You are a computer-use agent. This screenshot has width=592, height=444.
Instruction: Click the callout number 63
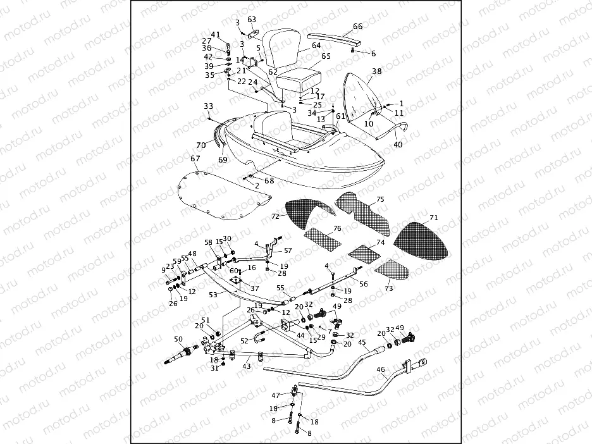point(252,20)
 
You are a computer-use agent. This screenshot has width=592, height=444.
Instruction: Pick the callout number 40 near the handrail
point(398,145)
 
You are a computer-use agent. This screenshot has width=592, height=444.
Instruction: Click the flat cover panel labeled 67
point(209,192)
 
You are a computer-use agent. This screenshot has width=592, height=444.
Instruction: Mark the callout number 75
point(380,199)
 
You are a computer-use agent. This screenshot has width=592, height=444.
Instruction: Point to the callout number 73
point(388,288)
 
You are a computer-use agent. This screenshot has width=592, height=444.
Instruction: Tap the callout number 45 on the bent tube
point(362,342)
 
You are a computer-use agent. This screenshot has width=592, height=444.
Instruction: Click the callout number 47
point(276,395)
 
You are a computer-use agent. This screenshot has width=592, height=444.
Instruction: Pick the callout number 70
point(201,145)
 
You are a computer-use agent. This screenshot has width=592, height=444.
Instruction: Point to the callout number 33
point(208,106)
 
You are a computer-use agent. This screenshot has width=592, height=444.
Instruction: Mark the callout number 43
point(246,367)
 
